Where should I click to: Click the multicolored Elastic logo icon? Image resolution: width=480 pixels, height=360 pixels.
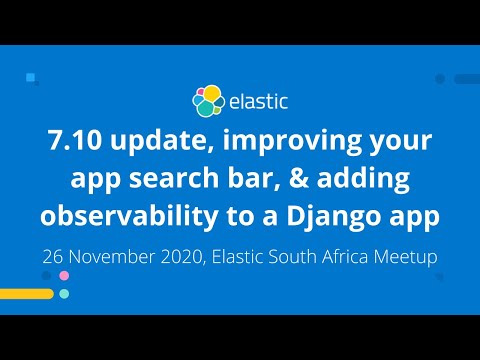208,100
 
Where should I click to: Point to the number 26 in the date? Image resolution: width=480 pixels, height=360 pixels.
55,255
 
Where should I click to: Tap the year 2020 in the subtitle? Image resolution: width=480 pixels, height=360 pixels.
195,255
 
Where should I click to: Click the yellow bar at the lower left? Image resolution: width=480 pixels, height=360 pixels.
26,294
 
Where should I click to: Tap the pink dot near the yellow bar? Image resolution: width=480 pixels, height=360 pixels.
64,275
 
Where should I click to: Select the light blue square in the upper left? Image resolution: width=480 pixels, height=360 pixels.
31,76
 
